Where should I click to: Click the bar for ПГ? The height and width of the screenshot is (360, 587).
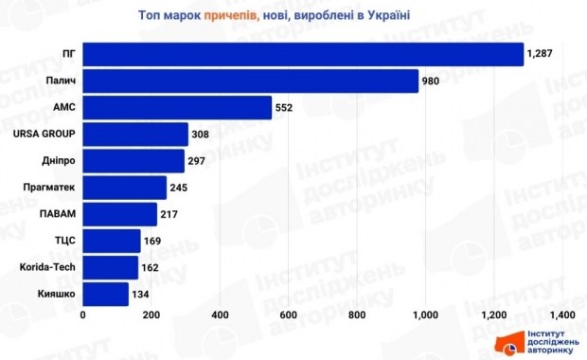coord(303,55)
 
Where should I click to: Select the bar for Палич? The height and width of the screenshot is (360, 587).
coord(251,81)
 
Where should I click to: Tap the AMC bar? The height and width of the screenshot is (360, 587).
coord(177,108)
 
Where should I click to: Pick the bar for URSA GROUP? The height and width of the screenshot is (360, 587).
coord(135,135)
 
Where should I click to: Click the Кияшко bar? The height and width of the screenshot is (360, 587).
coord(106,294)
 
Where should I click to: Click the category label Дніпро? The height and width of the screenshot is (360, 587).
coord(59,161)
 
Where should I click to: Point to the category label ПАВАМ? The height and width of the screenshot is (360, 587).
coord(57,214)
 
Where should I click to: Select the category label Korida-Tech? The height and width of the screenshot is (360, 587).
coord(46,267)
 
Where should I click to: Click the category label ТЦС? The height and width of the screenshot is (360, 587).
coord(64,241)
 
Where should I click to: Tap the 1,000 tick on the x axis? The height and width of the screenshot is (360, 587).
coord(425,315)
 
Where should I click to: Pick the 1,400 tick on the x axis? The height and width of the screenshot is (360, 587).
coord(561,315)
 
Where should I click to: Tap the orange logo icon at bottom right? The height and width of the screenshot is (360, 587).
coord(508,343)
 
